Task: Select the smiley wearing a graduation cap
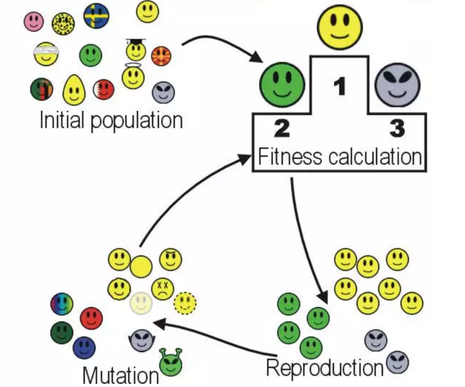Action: (136, 49)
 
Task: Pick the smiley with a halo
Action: (133, 76)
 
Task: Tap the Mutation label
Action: (120, 375)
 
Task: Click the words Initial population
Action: (111, 120)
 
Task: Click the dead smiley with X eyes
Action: (163, 289)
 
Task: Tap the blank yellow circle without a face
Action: (141, 266)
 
